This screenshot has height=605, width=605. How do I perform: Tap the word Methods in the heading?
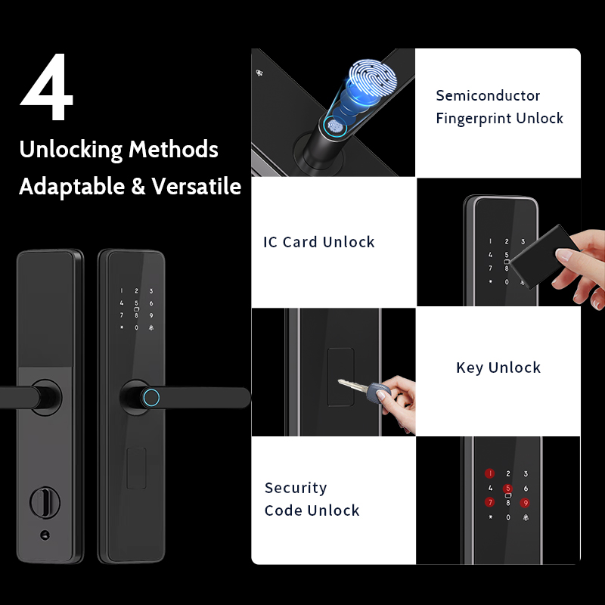pyautogui.click(x=173, y=149)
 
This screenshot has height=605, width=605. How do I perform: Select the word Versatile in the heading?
pyautogui.click(x=196, y=186)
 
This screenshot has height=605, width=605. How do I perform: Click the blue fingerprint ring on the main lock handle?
pyautogui.click(x=150, y=398)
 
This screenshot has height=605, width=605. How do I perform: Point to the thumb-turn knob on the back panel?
pyautogui.click(x=45, y=502)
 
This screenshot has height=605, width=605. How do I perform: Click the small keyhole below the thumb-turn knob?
pyautogui.click(x=45, y=535)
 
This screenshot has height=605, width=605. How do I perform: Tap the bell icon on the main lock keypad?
pyautogui.click(x=150, y=327)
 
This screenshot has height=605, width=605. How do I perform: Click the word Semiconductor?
pyautogui.click(x=488, y=96)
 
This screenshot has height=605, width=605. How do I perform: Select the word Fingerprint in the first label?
pyautogui.click(x=474, y=119)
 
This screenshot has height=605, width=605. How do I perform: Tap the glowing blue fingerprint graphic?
pyautogui.click(x=372, y=77)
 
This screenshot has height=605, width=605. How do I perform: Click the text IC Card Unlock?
pyautogui.click(x=318, y=242)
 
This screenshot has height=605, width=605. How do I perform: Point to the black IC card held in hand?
pyautogui.click(x=544, y=256)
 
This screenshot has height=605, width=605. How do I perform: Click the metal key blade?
pyautogui.click(x=353, y=385)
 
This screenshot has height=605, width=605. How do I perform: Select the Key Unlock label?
pyautogui.click(x=498, y=368)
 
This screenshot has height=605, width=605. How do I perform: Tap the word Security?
pyautogui.click(x=296, y=488)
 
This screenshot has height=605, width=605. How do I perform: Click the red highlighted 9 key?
pyautogui.click(x=525, y=503)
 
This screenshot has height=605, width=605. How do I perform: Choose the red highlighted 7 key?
pyautogui.click(x=489, y=502)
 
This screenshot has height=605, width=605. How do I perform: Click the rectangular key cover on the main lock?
pyautogui.click(x=137, y=468)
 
